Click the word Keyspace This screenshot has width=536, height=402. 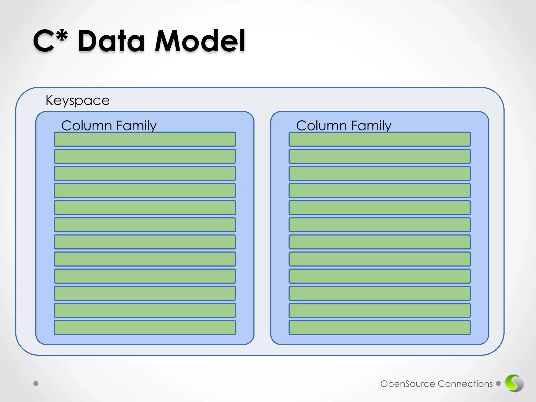click(x=77, y=100)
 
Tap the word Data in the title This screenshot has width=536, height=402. click(x=111, y=41)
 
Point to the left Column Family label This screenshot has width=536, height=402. click(x=109, y=125)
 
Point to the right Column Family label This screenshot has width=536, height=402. click(x=344, y=125)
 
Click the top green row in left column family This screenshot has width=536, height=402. click(x=145, y=139)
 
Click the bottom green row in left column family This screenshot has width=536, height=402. click(x=145, y=327)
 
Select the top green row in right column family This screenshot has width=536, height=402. click(x=379, y=139)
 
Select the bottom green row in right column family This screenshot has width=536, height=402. click(x=379, y=327)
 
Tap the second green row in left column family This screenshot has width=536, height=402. click(x=145, y=156)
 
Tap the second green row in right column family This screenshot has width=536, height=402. click(x=379, y=156)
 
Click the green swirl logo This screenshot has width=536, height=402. click(x=514, y=383)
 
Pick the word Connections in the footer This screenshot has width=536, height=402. click(x=465, y=384)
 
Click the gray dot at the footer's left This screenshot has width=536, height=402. click(x=36, y=383)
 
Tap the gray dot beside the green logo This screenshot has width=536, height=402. click(x=498, y=383)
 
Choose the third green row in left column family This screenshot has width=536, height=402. click(x=145, y=173)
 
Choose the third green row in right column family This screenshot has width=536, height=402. click(x=379, y=173)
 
